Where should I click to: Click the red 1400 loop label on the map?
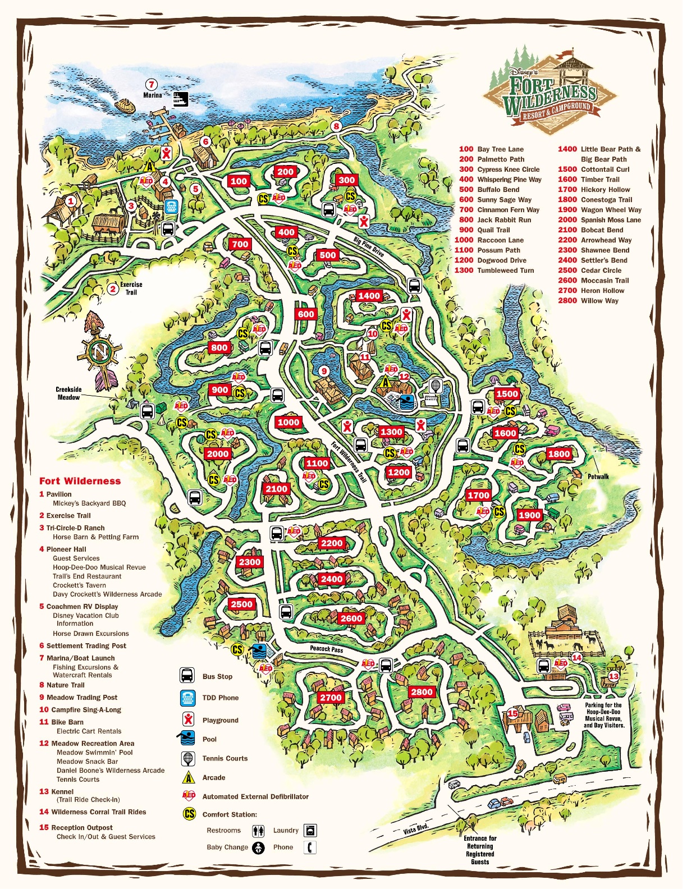pos(369,296)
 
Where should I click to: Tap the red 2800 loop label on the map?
pos(422,692)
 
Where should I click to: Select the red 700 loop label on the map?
pos(240,244)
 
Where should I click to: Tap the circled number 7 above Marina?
pos(152,85)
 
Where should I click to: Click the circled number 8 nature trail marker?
pos(336,126)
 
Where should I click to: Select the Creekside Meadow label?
pos(68,393)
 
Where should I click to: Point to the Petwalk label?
pos(598,476)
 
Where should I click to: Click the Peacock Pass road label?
pos(326,649)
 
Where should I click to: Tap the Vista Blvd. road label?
pos(416,829)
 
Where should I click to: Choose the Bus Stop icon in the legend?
pos(187,676)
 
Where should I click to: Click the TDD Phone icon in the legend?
pos(187,698)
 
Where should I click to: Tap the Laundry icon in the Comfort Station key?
pos(310,830)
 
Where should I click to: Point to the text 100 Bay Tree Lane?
pos(491,149)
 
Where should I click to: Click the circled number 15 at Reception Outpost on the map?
pos(512,713)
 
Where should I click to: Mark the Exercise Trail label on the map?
pos(131,288)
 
